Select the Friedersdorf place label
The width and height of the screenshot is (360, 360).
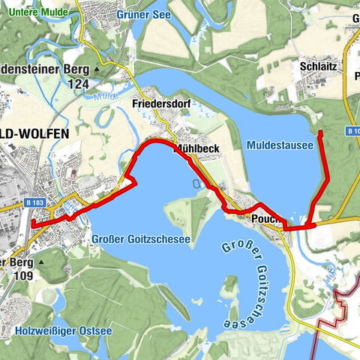click(x=160, y=103)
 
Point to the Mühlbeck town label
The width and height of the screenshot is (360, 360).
click(x=196, y=148)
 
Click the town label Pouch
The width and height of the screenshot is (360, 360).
click(x=266, y=217)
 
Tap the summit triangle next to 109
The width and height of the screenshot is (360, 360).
click(x=41, y=262)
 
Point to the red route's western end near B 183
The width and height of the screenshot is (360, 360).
click(x=33, y=223)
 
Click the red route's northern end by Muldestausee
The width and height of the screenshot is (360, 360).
click(x=320, y=133)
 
